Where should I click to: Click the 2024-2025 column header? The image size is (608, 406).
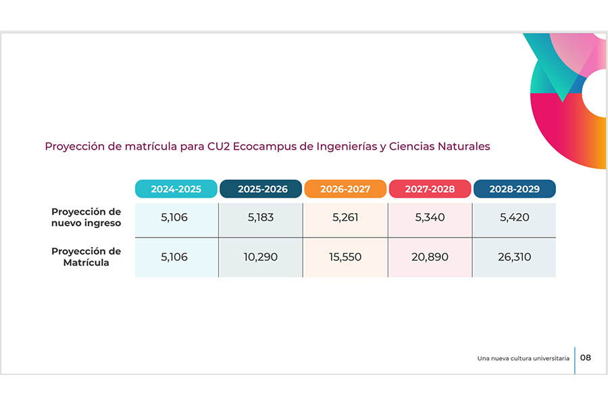tap(176, 189)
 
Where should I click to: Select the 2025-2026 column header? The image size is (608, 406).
tap(261, 189)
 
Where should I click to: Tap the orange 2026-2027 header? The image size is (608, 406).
tap(345, 189)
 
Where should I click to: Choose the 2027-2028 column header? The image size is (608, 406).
tap(430, 189)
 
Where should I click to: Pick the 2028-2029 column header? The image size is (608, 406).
tap(514, 189)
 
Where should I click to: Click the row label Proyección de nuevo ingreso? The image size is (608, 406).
tap(86, 217)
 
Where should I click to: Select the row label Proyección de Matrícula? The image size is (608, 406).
tap(86, 256)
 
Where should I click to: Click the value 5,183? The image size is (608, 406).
tap(261, 218)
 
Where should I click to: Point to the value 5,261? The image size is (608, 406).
tap(345, 218)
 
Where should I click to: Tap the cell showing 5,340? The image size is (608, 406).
tap(430, 218)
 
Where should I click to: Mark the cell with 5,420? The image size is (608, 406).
tap(514, 218)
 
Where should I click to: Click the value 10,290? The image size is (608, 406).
tap(261, 257)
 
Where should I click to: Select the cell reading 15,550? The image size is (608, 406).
tap(345, 257)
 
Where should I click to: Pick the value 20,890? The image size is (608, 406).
tap(430, 257)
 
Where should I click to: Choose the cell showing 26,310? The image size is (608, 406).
tap(514, 257)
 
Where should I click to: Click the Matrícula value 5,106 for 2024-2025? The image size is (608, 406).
tap(174, 257)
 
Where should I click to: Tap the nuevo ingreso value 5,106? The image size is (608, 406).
tap(174, 218)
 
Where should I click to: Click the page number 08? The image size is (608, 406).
tap(586, 357)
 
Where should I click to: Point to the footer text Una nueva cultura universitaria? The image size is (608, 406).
tap(523, 358)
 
